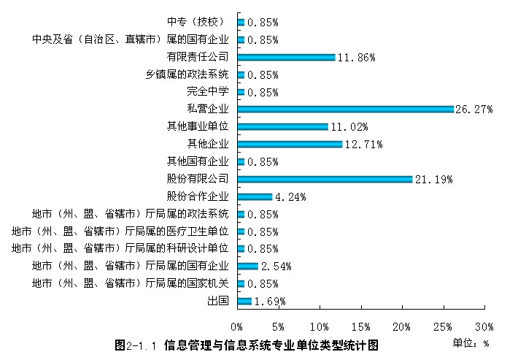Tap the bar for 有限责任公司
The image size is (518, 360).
[x=286, y=57]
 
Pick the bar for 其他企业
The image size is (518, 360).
[x=290, y=145]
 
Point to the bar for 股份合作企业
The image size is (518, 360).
[x=255, y=197]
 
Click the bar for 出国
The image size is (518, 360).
[x=244, y=302]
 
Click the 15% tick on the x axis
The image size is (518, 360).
[x=360, y=326]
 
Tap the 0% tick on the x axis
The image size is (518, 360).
[x=237, y=326]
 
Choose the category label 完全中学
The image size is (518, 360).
[x=208, y=92]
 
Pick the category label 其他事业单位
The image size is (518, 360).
[x=198, y=127]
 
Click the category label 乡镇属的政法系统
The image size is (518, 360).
[x=188, y=74]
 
